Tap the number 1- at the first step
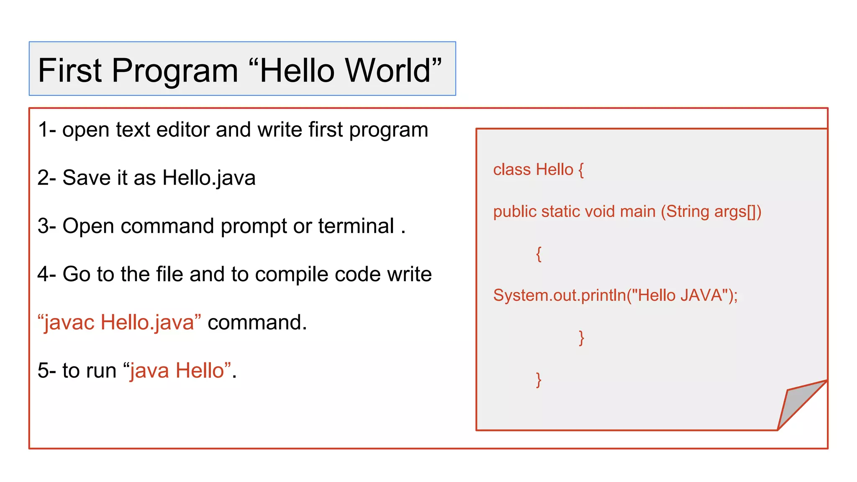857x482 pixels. click(46, 130)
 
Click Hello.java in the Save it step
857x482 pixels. click(208, 178)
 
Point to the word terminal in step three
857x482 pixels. click(356, 226)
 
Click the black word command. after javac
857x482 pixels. click(257, 323)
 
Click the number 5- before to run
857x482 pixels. click(46, 371)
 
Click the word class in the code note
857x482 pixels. click(511, 170)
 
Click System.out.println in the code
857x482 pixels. click(559, 295)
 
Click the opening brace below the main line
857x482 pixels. click(539, 254)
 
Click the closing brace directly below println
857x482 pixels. click(581, 338)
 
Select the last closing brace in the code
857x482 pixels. click(539, 380)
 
